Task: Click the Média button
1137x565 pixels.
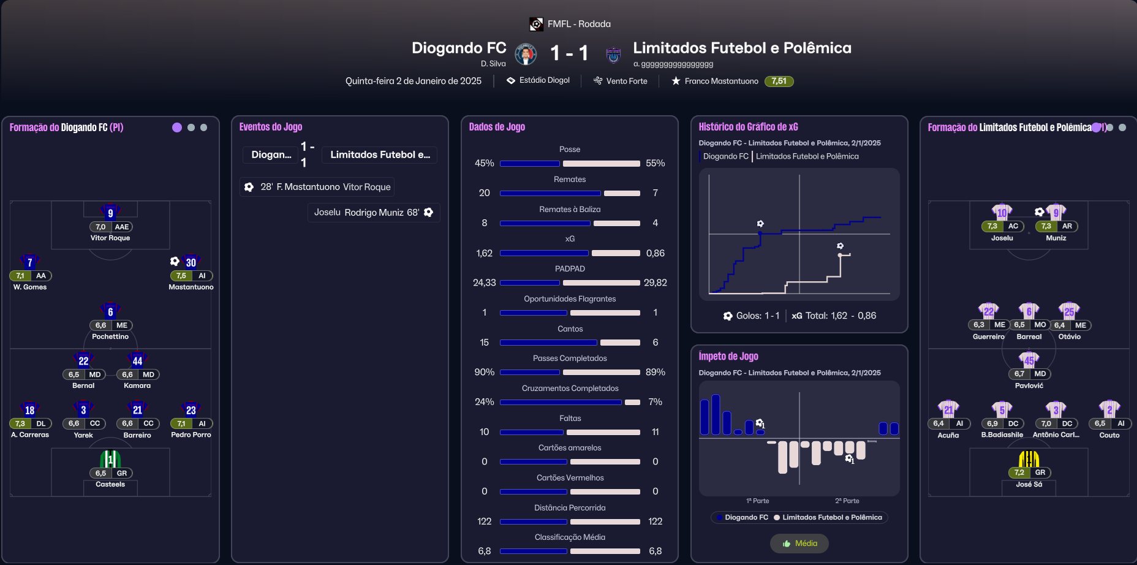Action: pos(799,544)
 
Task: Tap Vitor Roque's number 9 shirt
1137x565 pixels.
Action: pos(110,212)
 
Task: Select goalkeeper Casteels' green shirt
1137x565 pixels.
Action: pos(110,458)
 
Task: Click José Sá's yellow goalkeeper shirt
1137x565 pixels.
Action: pos(1029,458)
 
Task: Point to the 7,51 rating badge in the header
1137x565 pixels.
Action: pos(779,81)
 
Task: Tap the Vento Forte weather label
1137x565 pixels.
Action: pos(621,81)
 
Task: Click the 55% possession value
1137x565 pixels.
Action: pos(655,163)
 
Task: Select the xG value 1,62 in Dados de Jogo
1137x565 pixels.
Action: pos(484,253)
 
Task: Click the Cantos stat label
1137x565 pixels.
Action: pos(570,329)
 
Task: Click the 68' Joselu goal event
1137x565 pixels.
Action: pos(374,213)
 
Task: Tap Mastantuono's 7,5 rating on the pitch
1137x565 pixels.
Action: pos(181,276)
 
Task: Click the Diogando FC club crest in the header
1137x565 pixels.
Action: pos(526,54)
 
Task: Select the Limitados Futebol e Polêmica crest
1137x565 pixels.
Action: pos(613,55)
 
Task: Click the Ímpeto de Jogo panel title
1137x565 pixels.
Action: pos(728,357)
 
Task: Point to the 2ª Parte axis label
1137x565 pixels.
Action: pos(847,501)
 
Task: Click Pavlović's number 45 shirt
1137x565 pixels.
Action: pos(1029,360)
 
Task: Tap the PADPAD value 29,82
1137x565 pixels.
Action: pos(655,282)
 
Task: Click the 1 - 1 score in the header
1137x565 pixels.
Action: pos(569,53)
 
